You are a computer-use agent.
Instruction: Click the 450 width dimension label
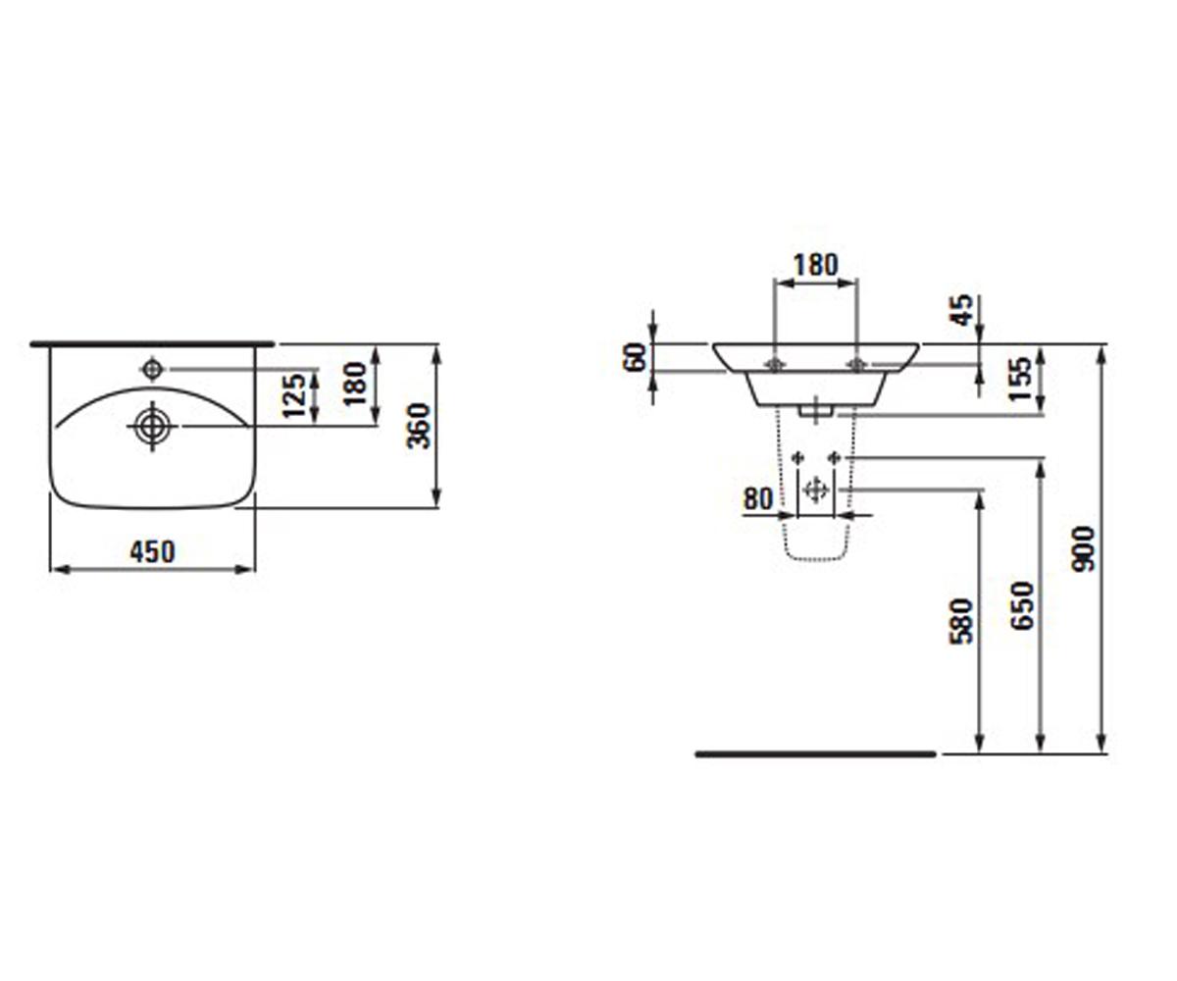click(152, 551)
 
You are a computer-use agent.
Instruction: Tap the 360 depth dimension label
click(419, 426)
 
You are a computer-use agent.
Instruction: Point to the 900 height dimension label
click(1082, 549)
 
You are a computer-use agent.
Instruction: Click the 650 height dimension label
click(1022, 605)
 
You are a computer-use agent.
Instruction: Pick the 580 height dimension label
click(961, 622)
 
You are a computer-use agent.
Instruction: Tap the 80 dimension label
click(758, 499)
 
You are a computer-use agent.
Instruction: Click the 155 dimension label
click(1021, 379)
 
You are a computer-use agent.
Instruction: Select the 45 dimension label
click(961, 310)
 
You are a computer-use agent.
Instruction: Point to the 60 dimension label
click(635, 357)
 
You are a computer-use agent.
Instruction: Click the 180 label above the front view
click(816, 265)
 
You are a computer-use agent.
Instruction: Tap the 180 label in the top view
click(354, 384)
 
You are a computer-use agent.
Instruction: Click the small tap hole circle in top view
click(152, 369)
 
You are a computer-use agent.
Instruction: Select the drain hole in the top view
click(152, 426)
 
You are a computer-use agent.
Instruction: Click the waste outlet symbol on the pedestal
click(815, 490)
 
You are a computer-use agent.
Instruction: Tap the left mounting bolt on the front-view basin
click(775, 365)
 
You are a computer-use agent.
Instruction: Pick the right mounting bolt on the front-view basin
click(856, 365)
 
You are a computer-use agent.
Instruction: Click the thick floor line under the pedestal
click(815, 754)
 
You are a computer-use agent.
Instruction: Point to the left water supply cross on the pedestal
click(797, 458)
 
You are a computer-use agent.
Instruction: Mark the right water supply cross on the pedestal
click(835, 458)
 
